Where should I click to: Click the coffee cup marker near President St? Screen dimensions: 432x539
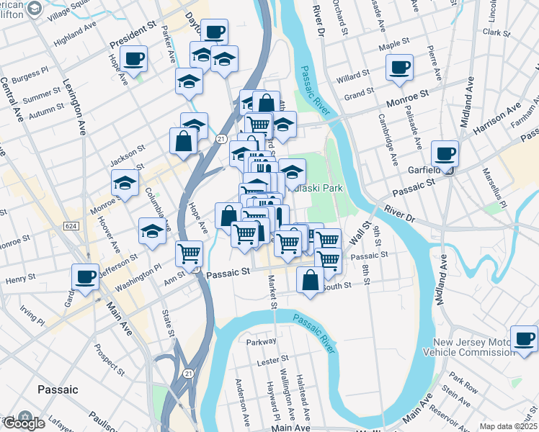(135, 58)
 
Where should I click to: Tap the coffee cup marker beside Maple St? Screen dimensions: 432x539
(399, 68)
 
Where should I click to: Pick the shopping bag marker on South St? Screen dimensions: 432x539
(311, 281)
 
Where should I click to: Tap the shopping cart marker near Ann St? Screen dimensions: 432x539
(189, 253)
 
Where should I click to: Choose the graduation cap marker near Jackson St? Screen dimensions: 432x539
(125, 184)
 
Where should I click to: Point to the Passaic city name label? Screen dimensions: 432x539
(57, 390)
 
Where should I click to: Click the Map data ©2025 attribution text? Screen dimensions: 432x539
(508, 426)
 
